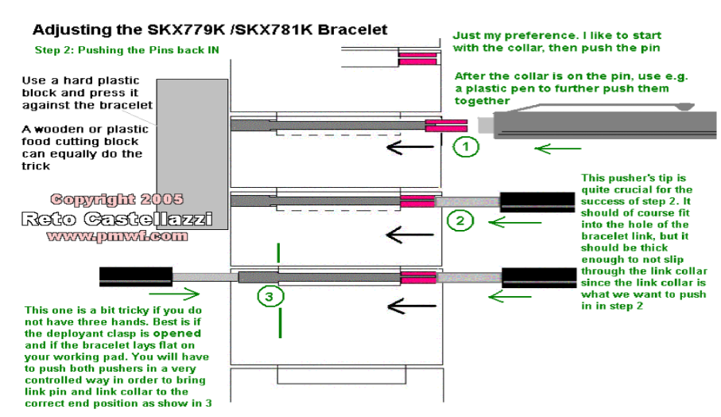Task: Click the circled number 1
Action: [466, 146]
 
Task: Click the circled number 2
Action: [460, 221]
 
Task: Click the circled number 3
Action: [270, 296]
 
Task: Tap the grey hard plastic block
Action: [192, 154]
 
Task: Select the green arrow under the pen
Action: [558, 149]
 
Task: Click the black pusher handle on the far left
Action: [136, 277]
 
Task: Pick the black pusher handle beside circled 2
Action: [537, 202]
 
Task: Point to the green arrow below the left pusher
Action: [174, 294]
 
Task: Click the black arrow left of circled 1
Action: [410, 147]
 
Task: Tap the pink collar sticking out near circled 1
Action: [446, 126]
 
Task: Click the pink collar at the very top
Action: [417, 58]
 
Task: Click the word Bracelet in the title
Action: [353, 30]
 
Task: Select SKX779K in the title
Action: [186, 30]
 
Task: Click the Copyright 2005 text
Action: [117, 199]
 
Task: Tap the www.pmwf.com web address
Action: [118, 236]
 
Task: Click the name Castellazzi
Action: [148, 219]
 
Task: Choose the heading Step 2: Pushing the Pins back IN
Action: [127, 50]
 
